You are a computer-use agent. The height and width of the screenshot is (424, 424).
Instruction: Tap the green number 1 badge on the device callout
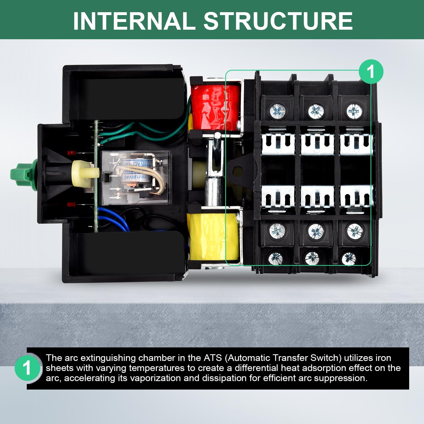click(x=371, y=72)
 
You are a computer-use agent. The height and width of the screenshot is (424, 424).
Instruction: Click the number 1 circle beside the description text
click(x=27, y=368)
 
